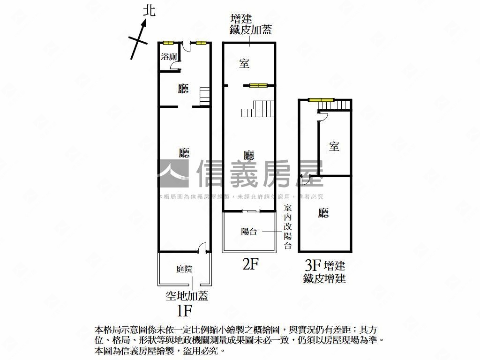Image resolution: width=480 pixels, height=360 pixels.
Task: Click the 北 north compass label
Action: [x=149, y=11]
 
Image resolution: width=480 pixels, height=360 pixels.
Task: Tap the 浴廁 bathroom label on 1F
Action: [x=169, y=57]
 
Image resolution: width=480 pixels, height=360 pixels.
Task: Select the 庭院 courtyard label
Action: [x=184, y=269]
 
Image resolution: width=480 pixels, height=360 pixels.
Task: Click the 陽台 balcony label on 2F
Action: [x=249, y=231]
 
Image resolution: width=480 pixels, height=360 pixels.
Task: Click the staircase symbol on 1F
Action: [x=204, y=97]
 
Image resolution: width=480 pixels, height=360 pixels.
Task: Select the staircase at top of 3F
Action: [x=336, y=106]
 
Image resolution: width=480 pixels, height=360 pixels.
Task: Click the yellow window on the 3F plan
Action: [x=321, y=99]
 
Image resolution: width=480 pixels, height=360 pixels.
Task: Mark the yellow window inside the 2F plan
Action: [x=258, y=85]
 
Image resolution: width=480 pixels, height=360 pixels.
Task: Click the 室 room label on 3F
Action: [x=334, y=147]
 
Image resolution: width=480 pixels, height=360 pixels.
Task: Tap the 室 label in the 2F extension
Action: [x=244, y=64]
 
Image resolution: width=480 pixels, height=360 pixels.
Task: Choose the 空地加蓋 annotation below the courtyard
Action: [x=187, y=296]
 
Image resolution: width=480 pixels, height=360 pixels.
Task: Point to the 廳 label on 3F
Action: [x=323, y=214]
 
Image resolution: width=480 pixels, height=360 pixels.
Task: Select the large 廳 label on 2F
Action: [x=249, y=155]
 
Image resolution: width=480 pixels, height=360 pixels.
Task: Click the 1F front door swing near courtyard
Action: [x=202, y=247]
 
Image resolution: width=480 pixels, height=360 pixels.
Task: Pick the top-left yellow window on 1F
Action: [x=168, y=43]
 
